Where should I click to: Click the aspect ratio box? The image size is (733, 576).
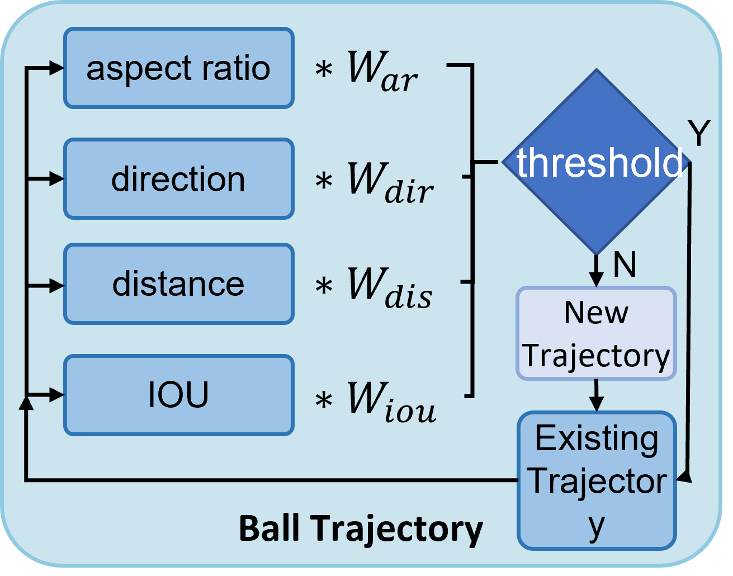[x=178, y=68]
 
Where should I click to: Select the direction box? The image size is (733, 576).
[x=178, y=179]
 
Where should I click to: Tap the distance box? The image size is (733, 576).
[x=178, y=284]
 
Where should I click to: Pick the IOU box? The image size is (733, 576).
[x=178, y=395]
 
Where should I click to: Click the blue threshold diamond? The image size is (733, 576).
[x=597, y=162]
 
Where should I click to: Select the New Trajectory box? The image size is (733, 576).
[x=596, y=334]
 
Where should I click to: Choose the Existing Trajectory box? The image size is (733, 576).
[x=597, y=481]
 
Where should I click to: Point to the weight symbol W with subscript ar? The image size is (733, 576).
[x=382, y=72]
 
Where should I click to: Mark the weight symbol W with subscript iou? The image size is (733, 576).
[x=391, y=400]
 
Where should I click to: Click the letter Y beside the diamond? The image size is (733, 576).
[x=698, y=134]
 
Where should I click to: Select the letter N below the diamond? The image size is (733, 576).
[x=625, y=265]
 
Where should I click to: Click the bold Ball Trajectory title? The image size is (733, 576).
[x=361, y=528]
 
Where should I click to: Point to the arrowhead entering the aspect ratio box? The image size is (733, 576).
[x=57, y=68]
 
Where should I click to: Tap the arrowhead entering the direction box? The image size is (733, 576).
[x=57, y=179]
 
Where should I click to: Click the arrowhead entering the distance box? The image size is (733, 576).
[x=57, y=286]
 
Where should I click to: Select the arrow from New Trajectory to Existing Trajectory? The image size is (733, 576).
[x=597, y=396]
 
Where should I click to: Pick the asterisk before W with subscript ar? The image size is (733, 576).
[x=324, y=71]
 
